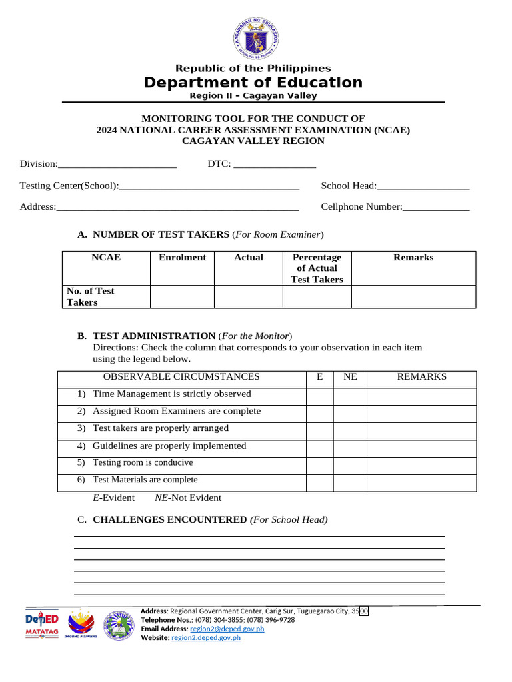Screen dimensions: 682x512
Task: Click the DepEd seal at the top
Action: [255, 39]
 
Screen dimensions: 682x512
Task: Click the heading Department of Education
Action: [253, 83]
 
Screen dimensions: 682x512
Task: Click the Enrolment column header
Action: [182, 258]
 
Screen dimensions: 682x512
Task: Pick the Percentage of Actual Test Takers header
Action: [317, 268]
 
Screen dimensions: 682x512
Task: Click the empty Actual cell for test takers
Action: [248, 297]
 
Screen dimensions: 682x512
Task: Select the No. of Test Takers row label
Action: [91, 297]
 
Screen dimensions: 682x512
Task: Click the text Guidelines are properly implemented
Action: [169, 446]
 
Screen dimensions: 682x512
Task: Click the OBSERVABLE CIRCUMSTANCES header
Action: [181, 377]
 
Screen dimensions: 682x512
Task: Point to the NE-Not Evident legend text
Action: [188, 498]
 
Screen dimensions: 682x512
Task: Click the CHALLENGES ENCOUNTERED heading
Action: [169, 520]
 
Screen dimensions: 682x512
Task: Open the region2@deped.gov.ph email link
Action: [227, 629]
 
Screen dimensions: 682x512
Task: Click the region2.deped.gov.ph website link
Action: [206, 638]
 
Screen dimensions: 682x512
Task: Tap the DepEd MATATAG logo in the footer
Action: [42, 624]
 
